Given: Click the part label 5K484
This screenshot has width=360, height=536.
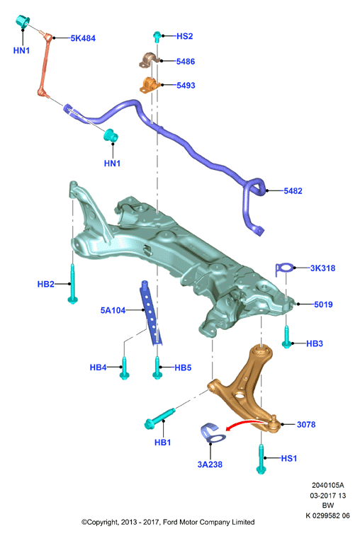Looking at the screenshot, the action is click(83, 38).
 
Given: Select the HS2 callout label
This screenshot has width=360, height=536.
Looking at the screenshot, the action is click(184, 36).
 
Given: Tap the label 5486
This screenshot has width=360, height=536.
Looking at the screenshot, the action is click(186, 62).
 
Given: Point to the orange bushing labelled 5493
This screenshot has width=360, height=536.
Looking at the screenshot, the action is click(150, 85).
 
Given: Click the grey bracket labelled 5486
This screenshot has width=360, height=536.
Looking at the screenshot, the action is click(150, 59).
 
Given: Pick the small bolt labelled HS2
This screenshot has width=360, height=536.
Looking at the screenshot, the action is click(157, 36).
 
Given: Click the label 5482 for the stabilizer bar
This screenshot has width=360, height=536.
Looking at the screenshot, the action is click(293, 190).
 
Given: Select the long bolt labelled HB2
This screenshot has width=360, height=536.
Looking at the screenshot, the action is click(72, 283).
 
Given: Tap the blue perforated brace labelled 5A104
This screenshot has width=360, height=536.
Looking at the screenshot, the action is click(150, 312).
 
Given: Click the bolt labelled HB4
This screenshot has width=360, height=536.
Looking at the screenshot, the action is click(124, 367).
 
